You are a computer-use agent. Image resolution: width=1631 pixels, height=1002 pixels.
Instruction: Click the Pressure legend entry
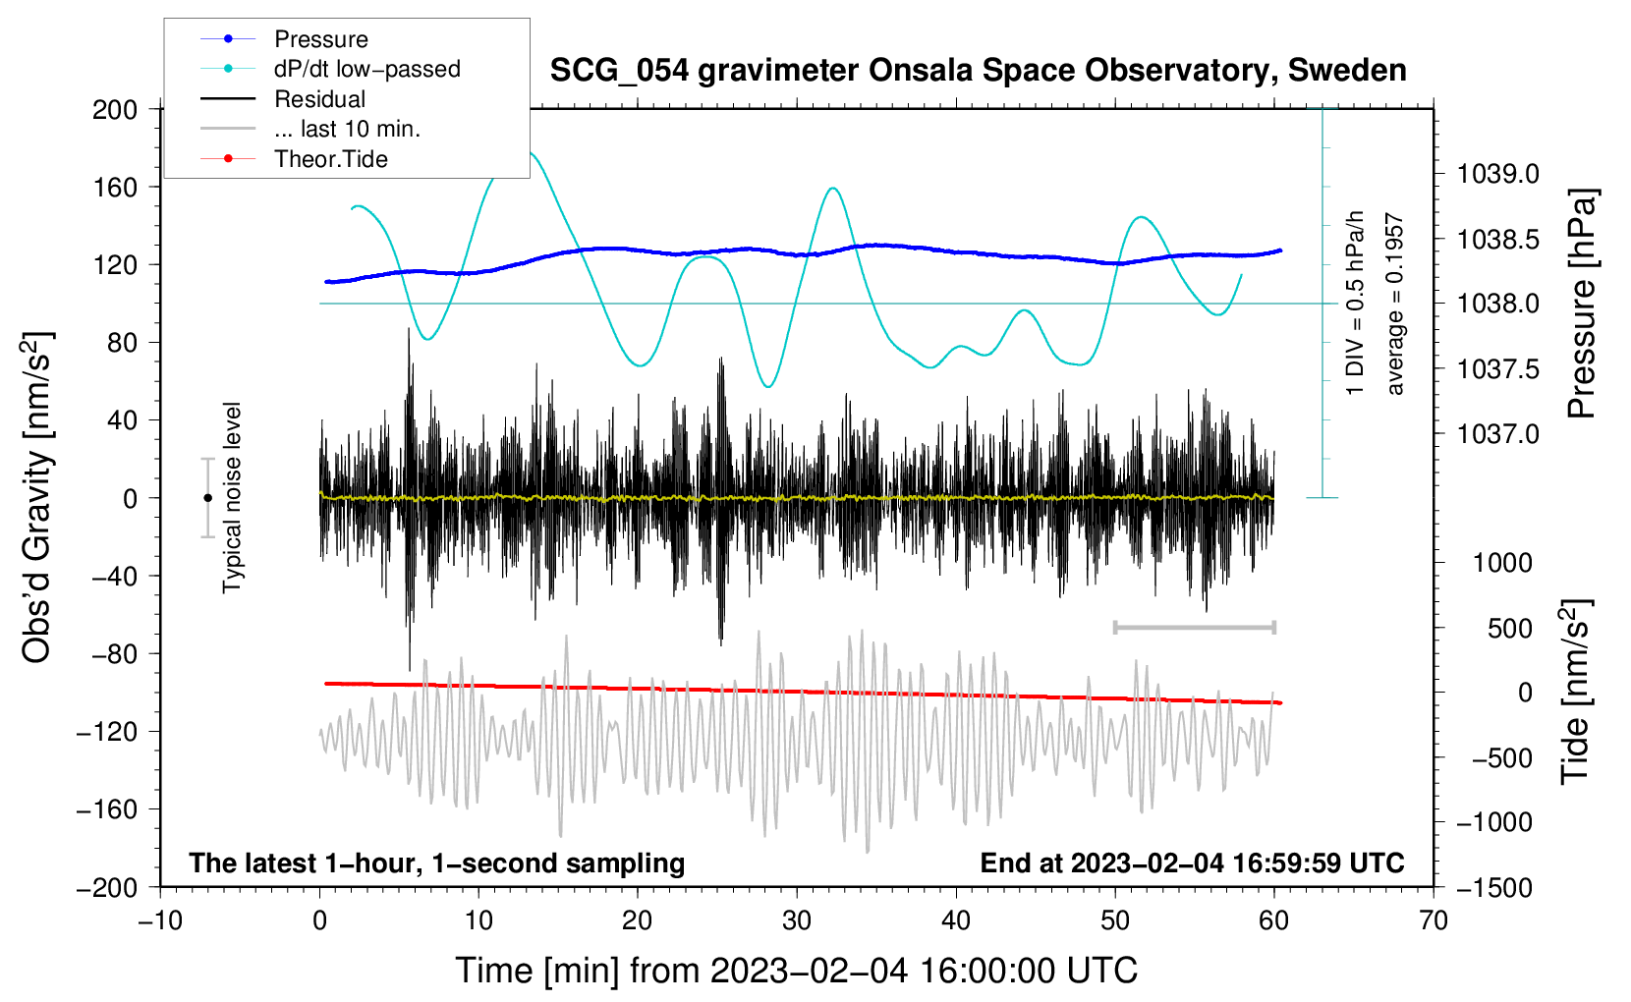pos(320,39)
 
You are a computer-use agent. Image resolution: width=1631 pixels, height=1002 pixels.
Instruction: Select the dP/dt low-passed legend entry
pos(366,69)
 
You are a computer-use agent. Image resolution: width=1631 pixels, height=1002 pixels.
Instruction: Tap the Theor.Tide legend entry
pos(330,159)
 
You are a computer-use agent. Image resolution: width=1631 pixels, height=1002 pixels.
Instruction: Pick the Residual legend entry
pos(319,99)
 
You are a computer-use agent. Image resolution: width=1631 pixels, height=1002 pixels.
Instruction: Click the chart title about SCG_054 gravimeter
pos(978,71)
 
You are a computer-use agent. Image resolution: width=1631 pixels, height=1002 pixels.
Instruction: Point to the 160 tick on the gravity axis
pos(115,187)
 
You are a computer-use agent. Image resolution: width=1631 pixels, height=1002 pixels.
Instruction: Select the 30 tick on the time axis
pos(797,920)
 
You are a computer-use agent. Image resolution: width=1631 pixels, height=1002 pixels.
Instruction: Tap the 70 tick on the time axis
pos(1434,920)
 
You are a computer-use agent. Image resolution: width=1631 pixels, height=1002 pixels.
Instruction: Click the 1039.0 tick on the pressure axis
pos(1498,175)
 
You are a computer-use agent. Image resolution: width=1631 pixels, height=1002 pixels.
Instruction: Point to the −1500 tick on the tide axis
pos(1494,887)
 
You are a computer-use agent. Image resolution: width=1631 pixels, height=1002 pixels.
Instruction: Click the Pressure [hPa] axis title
pos(1581,305)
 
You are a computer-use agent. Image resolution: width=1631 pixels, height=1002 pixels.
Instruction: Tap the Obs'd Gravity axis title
pos(37,498)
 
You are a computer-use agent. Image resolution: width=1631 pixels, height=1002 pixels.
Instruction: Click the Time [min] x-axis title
pos(797,971)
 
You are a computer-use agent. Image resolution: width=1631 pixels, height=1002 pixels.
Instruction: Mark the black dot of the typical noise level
pos(207,498)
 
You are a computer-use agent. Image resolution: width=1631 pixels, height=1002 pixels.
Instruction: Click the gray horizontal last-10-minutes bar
pos(1194,627)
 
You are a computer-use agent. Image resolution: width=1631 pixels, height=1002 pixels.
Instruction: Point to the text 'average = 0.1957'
pos(1394,305)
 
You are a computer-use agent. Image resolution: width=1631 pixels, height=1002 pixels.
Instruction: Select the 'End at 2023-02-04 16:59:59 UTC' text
pos(1192,863)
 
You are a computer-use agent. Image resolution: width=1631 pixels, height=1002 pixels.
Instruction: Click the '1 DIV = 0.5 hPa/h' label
pos(1356,303)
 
